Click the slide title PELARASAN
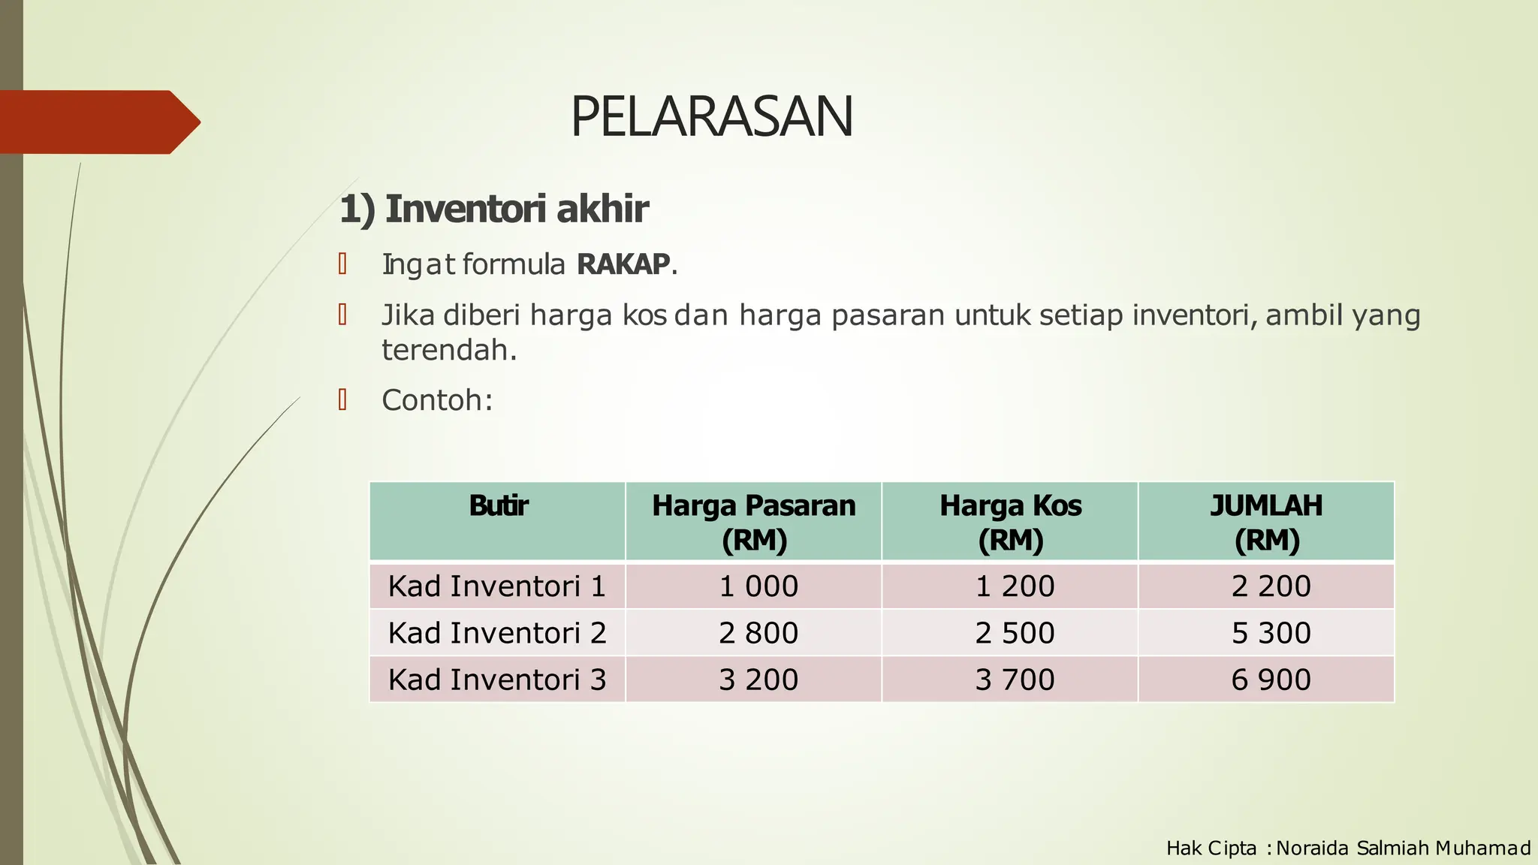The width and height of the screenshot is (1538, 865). pos(711,117)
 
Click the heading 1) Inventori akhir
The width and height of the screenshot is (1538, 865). pos(493,209)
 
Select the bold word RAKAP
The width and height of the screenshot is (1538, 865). pos(623,264)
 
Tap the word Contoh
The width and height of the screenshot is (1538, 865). pos(433,400)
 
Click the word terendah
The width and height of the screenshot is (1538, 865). pos(448,350)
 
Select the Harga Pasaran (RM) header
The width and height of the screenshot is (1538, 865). pos(753,522)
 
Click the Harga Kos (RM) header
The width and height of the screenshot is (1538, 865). pos(1010,522)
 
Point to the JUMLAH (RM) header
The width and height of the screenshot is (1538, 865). pos(1266,522)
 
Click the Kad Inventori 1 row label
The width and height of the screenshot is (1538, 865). pos(496,586)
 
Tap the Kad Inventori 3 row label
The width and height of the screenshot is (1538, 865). pos(496,680)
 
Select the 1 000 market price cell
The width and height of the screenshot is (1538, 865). pos(758,586)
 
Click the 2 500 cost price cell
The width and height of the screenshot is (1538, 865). pos(1015,633)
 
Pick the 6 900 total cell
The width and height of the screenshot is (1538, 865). pos(1271,680)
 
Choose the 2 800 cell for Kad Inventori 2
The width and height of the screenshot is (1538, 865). pos(758,633)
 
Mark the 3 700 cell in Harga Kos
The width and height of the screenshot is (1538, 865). pos(1015,680)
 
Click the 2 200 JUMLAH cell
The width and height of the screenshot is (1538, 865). pos(1271,586)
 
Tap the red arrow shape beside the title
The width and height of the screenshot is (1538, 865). pos(98,122)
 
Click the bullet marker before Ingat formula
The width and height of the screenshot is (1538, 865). pos(342,264)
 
